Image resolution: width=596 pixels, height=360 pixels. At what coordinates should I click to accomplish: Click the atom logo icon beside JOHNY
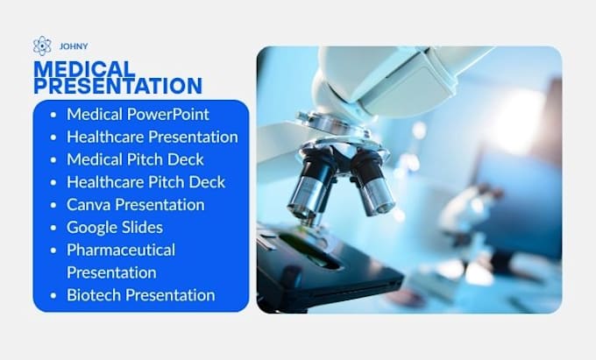point(42,46)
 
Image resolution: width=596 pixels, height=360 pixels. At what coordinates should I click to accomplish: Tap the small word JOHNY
point(74,46)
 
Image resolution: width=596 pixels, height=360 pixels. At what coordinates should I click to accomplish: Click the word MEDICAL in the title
point(84,69)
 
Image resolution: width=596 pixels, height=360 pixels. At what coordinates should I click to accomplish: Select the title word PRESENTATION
point(117,86)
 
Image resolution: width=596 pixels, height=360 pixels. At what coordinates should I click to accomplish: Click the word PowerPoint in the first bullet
point(168,114)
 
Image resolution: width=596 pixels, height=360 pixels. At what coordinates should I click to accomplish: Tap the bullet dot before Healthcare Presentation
point(53,138)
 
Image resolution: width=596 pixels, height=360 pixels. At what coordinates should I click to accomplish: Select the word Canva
point(89,205)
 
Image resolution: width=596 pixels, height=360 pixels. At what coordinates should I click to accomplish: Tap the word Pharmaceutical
point(121,250)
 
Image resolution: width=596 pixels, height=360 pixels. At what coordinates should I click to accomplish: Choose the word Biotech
point(94,295)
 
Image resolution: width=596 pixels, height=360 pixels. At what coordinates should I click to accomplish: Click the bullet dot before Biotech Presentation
point(53,295)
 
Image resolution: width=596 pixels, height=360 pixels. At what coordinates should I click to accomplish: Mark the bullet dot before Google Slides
point(53,228)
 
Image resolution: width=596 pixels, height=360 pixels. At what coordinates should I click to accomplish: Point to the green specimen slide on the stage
point(308,247)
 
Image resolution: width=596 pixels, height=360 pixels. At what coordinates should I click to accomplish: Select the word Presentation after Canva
point(160,205)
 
